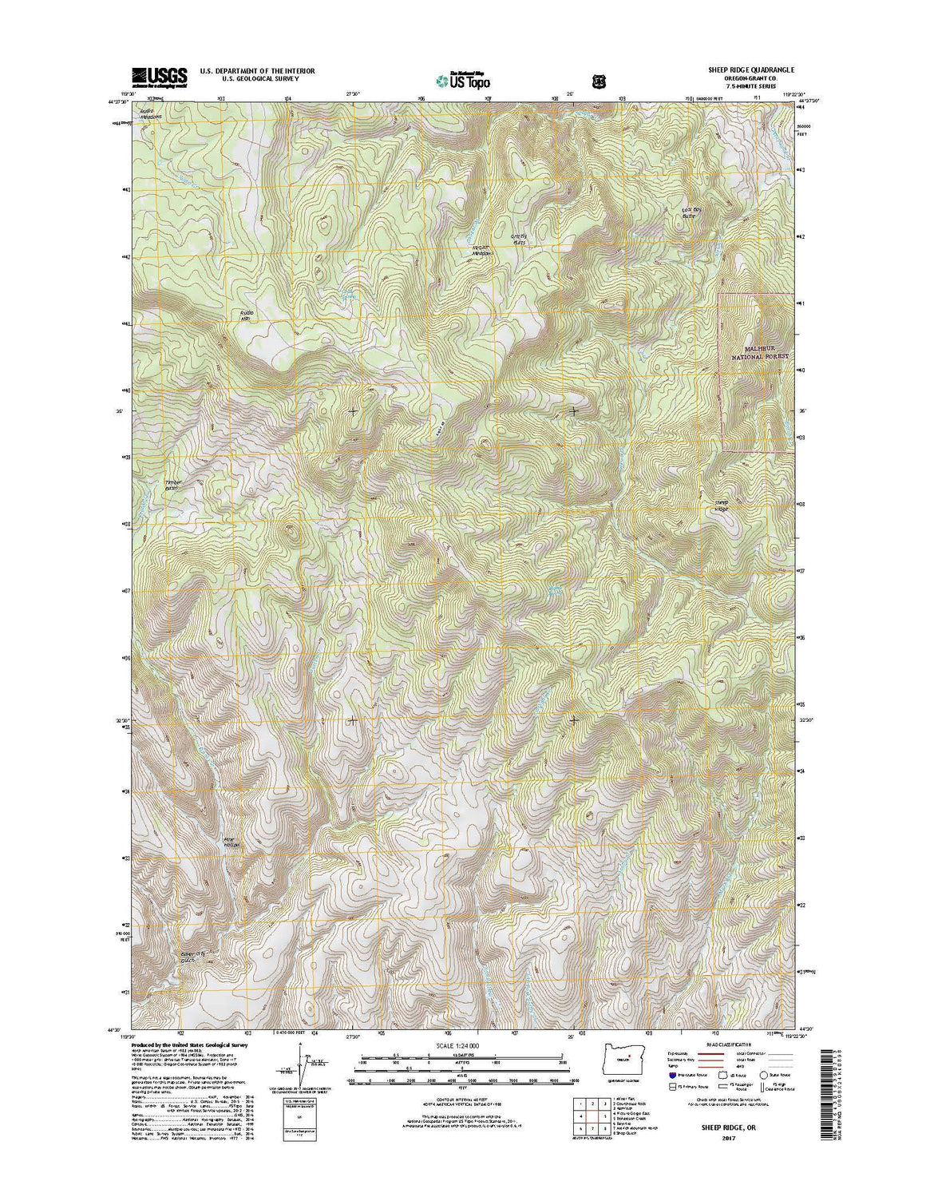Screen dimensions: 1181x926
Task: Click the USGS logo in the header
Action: [160, 76]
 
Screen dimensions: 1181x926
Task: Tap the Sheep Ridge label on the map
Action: [721, 505]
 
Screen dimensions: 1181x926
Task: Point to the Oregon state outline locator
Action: [622, 1056]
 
